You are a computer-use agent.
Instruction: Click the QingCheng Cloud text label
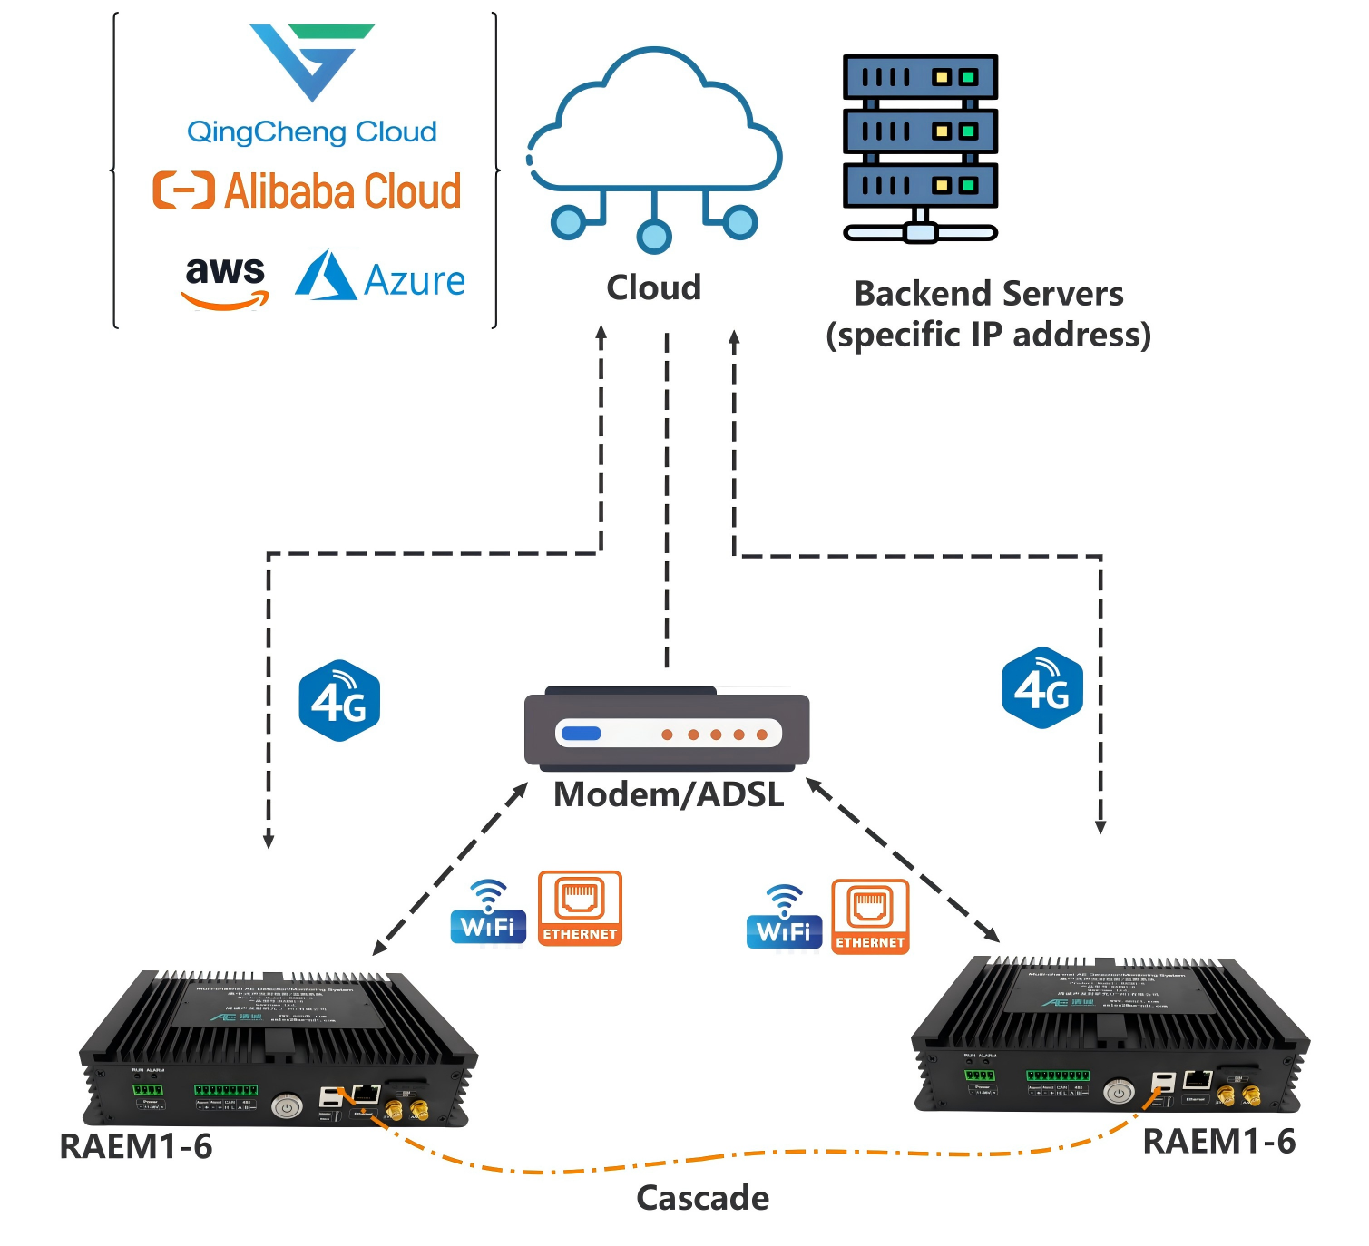(311, 132)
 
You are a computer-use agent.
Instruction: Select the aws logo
(225, 279)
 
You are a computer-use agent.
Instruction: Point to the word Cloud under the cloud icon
(653, 287)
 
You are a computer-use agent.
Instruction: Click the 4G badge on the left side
(339, 700)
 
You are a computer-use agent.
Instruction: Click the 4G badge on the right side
(1042, 688)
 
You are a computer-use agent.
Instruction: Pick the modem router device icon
(667, 729)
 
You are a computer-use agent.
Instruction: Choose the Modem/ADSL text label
(669, 794)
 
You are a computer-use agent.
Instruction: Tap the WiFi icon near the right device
(784, 918)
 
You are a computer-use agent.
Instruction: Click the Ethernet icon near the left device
(580, 908)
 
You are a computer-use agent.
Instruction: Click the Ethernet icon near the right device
(870, 916)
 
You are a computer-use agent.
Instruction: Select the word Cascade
(702, 1198)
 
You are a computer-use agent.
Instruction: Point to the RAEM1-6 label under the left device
(135, 1146)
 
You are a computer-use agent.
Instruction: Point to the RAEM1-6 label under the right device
(1218, 1142)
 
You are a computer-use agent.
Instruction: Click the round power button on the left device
(287, 1106)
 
